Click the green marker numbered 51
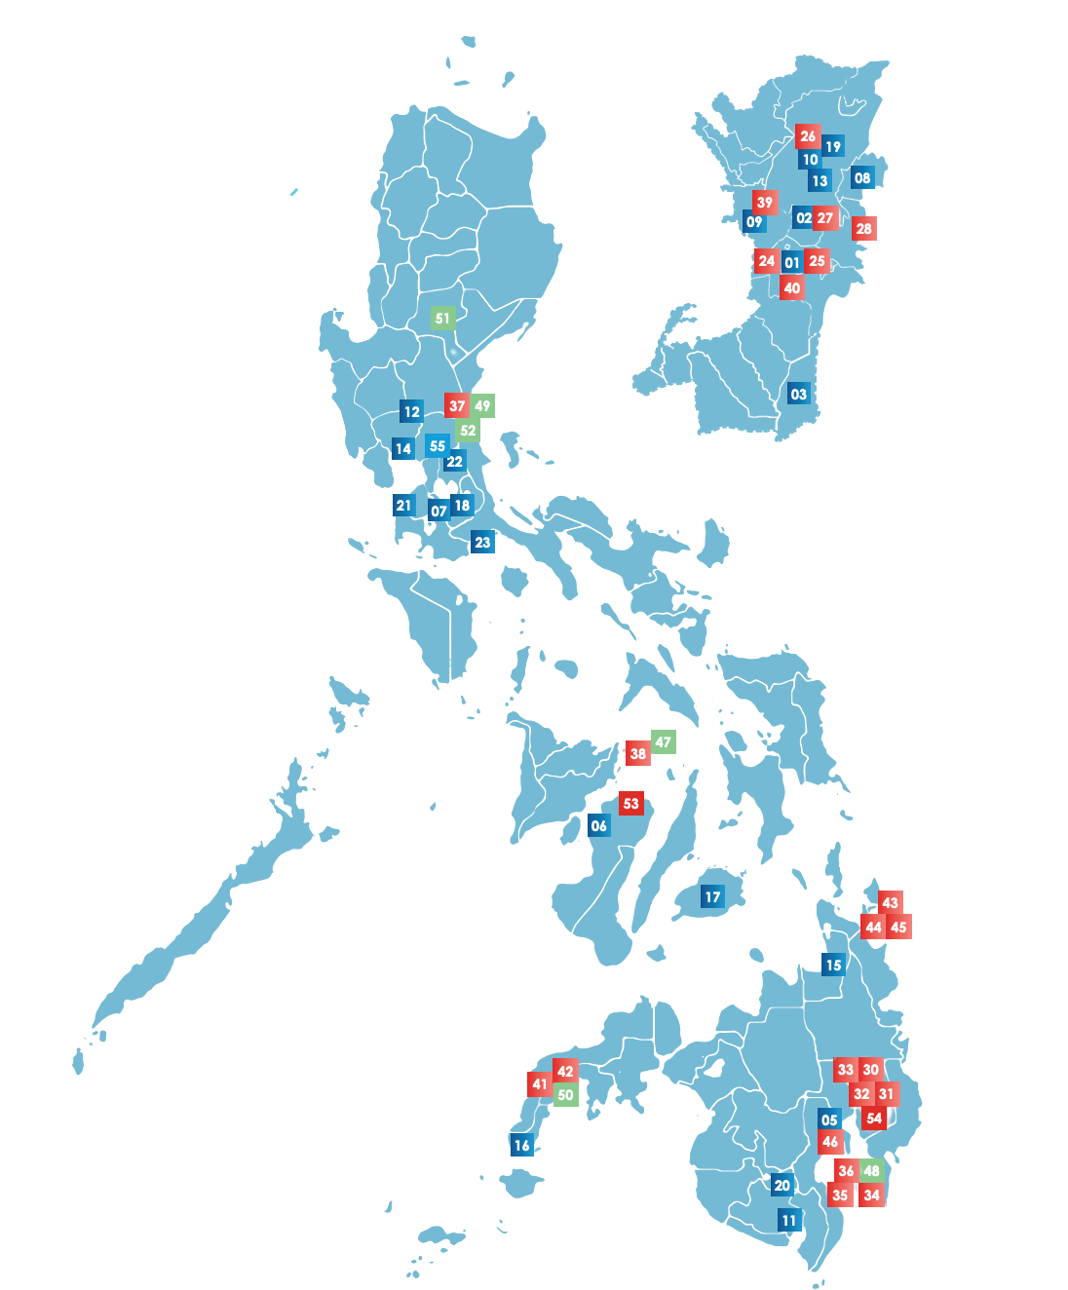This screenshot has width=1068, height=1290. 442,318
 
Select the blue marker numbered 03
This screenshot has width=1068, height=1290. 799,394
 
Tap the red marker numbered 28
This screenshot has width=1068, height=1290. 863,228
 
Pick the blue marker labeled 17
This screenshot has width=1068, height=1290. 712,896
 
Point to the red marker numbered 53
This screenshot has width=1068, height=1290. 631,804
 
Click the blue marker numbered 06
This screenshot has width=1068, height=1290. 599,825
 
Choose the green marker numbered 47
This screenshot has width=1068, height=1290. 663,741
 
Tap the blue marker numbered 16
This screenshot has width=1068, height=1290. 522,1145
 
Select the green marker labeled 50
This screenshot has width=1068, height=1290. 565,1094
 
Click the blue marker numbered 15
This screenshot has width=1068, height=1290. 833,965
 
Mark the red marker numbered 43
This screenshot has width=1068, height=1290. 890,902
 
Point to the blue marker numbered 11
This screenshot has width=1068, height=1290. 789,1220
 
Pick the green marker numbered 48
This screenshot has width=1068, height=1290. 871,1170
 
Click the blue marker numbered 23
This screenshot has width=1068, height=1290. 482,542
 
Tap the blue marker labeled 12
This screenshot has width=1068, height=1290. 411,411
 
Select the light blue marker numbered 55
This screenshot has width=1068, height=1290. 438,445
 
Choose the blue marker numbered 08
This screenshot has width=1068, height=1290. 862,177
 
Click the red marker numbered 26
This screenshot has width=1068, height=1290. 808,136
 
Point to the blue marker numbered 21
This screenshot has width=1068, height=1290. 404,505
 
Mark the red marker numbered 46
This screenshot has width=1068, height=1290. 830,1142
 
